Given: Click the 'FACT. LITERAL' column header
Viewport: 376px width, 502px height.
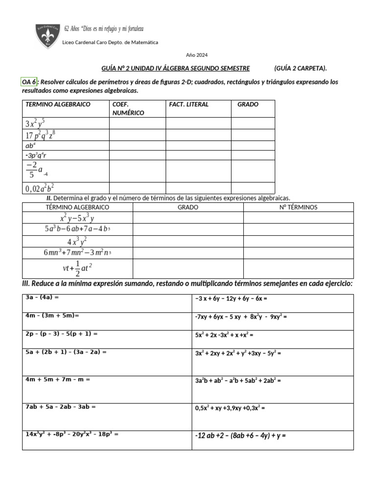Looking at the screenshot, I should tap(188, 104).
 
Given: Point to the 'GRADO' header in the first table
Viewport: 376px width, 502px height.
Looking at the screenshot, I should tap(248, 104).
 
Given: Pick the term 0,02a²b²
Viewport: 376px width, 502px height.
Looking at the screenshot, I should tap(40, 188).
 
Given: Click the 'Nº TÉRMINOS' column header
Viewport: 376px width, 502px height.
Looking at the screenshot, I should tap(298, 207).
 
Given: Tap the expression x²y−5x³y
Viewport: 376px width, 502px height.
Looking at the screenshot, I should tap(77, 218).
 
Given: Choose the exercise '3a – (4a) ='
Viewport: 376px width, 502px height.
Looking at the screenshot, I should tap(42, 297).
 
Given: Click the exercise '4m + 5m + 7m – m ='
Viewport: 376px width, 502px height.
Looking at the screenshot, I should tap(58, 379).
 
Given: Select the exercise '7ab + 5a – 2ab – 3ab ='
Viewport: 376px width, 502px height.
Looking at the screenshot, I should tap(60, 406).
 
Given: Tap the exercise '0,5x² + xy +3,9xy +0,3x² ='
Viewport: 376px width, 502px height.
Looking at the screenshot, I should tap(230, 407).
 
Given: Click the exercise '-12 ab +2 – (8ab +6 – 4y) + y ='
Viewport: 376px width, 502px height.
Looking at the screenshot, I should tap(240, 435).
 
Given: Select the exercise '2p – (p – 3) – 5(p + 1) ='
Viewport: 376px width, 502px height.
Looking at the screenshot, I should tap(62, 333).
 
